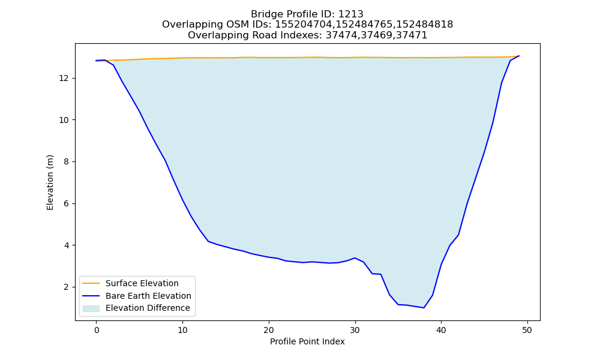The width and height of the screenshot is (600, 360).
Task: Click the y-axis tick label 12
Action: (64, 79)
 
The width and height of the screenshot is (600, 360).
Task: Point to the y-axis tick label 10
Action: (64, 120)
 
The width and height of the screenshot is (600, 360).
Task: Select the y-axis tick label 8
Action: (66, 162)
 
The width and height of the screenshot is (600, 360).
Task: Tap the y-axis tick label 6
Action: (66, 203)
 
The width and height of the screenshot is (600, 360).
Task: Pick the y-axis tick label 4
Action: (66, 245)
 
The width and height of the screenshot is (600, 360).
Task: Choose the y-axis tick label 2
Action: (66, 287)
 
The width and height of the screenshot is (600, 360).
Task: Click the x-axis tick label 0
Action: (97, 330)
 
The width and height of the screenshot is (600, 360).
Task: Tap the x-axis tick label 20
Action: (269, 330)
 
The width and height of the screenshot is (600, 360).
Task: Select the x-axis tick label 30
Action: (355, 330)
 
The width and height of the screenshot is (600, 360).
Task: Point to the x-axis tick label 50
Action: (527, 330)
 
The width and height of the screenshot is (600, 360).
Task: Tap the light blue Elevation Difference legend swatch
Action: (91, 308)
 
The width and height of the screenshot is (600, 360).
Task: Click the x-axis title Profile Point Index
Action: (307, 341)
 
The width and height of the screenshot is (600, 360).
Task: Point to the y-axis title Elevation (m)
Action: (50, 182)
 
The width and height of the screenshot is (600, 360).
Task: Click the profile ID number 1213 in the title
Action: (351, 14)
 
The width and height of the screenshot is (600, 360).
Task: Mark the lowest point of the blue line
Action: (424, 308)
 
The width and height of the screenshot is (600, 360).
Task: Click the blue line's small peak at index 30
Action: (355, 258)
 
